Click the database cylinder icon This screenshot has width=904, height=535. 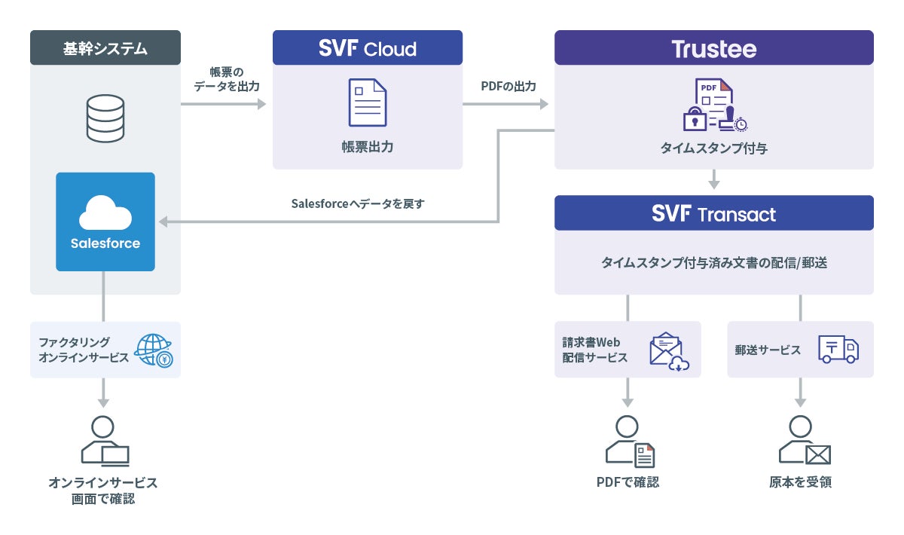(105, 118)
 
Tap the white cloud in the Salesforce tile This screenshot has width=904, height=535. (105, 212)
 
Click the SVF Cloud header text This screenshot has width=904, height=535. (368, 48)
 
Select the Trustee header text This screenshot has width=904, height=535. (714, 49)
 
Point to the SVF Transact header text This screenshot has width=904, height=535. (713, 213)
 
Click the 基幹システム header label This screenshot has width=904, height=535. (105, 49)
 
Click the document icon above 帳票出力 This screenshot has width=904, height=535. (368, 102)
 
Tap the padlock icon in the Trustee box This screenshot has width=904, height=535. (695, 119)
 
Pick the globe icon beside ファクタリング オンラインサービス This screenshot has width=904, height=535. (154, 350)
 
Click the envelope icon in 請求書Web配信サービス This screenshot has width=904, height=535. (667, 350)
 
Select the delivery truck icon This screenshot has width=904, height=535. (838, 350)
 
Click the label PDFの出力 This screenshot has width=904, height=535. (508, 86)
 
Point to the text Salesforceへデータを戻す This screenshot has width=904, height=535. (358, 203)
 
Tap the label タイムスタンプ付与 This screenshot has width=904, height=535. (714, 148)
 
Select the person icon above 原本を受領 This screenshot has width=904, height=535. (805, 440)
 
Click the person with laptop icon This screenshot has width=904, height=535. (105, 441)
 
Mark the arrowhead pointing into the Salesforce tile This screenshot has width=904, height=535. (163, 222)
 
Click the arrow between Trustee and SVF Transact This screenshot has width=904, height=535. (714, 179)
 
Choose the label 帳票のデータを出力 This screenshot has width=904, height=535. (227, 79)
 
